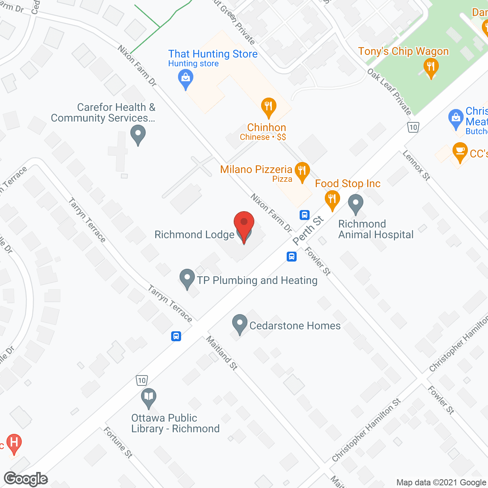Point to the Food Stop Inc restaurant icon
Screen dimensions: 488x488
(x=332, y=199)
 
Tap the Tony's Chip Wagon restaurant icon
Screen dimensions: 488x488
(x=431, y=67)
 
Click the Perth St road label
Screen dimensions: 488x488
(x=308, y=230)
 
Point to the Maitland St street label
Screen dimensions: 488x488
(x=222, y=353)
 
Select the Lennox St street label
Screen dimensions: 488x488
(x=416, y=165)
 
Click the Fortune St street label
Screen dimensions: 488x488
(x=118, y=442)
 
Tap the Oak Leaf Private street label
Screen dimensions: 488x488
(x=389, y=91)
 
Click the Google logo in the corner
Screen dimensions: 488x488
(x=26, y=479)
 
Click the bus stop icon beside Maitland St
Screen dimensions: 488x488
(x=176, y=336)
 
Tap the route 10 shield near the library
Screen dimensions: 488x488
(x=142, y=380)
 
